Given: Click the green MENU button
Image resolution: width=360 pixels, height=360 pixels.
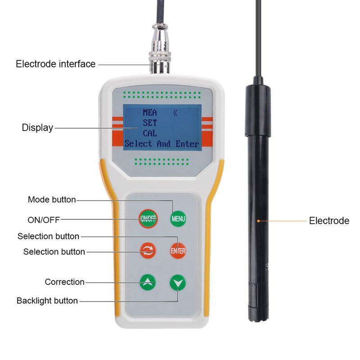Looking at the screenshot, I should (x=178, y=219).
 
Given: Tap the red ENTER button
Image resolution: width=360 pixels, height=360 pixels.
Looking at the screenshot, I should (x=178, y=251).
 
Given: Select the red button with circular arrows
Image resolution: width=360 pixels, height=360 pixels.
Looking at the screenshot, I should (x=148, y=251).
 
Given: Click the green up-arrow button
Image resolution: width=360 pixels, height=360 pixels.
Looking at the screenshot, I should (x=148, y=282).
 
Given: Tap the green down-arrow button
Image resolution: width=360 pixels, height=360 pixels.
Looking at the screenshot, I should (x=178, y=283).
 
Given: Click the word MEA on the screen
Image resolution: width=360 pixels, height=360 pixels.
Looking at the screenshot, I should (x=150, y=112).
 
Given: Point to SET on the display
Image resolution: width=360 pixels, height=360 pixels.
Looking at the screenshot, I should (x=150, y=122).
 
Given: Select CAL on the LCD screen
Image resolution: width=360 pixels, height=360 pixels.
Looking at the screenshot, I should (x=150, y=133).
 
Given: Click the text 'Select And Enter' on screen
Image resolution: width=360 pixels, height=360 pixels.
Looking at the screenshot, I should (x=162, y=144).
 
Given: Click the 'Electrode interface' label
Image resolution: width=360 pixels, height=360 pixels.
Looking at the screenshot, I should (x=56, y=64).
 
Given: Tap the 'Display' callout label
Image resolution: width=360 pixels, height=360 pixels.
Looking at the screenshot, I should (x=37, y=128).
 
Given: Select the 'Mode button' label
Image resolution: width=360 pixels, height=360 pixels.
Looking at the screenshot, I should (x=52, y=199).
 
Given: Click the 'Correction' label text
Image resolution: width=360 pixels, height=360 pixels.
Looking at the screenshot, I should (x=65, y=282).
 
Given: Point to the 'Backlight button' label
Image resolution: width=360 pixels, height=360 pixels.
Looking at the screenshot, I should (x=47, y=301).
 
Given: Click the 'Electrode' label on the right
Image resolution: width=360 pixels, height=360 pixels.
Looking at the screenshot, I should (x=329, y=220).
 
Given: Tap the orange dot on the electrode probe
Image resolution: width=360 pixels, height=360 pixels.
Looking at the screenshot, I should (x=258, y=220).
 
